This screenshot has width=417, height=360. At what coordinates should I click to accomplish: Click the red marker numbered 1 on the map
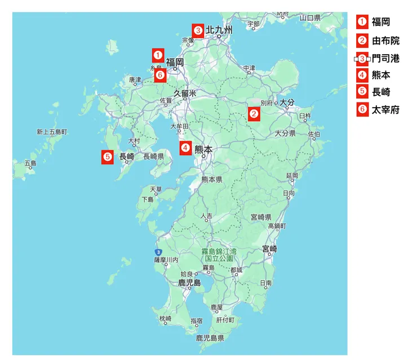(158, 55)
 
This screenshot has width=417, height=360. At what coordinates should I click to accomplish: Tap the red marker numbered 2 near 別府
(254, 114)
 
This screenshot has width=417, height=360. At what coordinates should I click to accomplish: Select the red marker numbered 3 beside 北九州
(198, 30)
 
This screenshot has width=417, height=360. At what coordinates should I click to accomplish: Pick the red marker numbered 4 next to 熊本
(185, 148)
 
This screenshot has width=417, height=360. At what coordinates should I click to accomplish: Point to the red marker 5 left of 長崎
(108, 157)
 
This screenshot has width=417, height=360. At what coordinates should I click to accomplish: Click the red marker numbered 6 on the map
(160, 74)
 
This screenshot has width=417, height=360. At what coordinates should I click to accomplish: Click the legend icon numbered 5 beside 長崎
(362, 92)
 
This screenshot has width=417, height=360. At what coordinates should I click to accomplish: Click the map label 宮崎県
(261, 217)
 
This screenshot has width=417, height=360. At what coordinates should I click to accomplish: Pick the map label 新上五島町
(52, 132)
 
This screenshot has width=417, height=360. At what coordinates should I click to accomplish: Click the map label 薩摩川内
(166, 260)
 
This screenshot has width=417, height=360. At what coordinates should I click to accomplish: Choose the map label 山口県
(310, 18)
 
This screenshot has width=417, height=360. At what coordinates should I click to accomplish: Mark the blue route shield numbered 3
(158, 251)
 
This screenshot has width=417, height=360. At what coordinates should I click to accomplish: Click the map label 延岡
(292, 176)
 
